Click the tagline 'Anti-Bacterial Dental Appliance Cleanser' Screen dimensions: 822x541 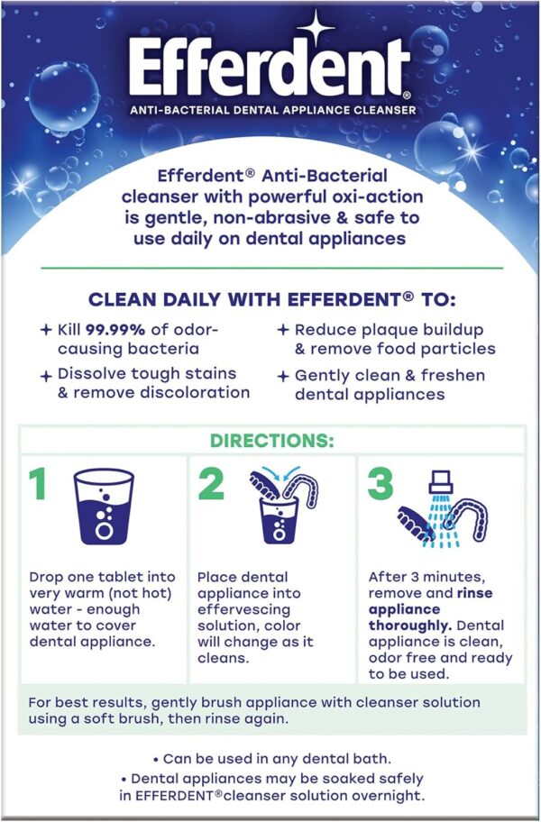[271, 110]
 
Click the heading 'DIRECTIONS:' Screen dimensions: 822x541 [271, 442]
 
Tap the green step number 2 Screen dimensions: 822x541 [210, 485]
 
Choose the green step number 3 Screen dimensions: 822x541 [380, 485]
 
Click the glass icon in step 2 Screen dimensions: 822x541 [279, 523]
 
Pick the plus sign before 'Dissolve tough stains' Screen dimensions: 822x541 [46, 373]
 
